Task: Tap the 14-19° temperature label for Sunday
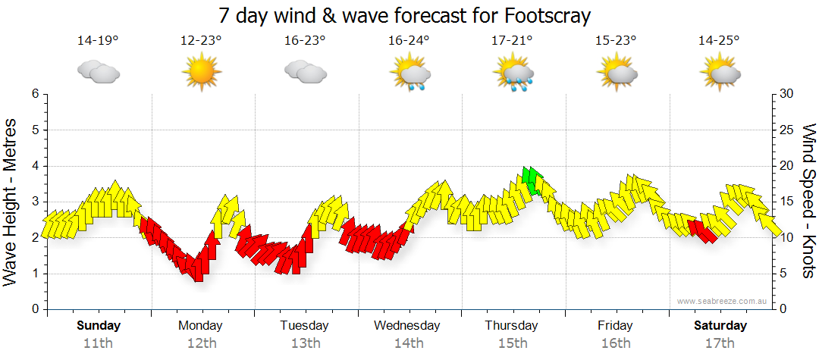pos(98,41)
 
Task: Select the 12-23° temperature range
pos(201,41)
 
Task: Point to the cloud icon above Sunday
pos(98,73)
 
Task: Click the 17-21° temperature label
pos(512,41)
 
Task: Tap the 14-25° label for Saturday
pos(719,41)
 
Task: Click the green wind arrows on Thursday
pos(532,180)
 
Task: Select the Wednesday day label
pos(407,326)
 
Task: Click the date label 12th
pos(201,343)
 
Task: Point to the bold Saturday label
pos(720,326)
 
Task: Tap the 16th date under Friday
pos(616,343)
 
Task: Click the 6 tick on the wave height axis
pos(34,94)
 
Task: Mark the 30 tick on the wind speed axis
pos(787,94)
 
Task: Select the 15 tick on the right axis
pos(787,202)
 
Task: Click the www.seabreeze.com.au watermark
pos(723,301)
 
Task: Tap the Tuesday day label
pos(304,326)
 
